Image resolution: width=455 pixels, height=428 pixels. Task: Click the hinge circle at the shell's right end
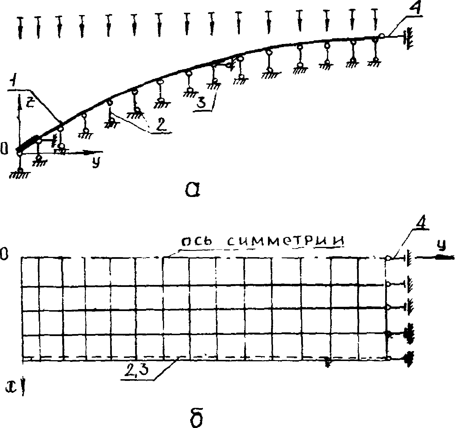pos(382,36)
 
